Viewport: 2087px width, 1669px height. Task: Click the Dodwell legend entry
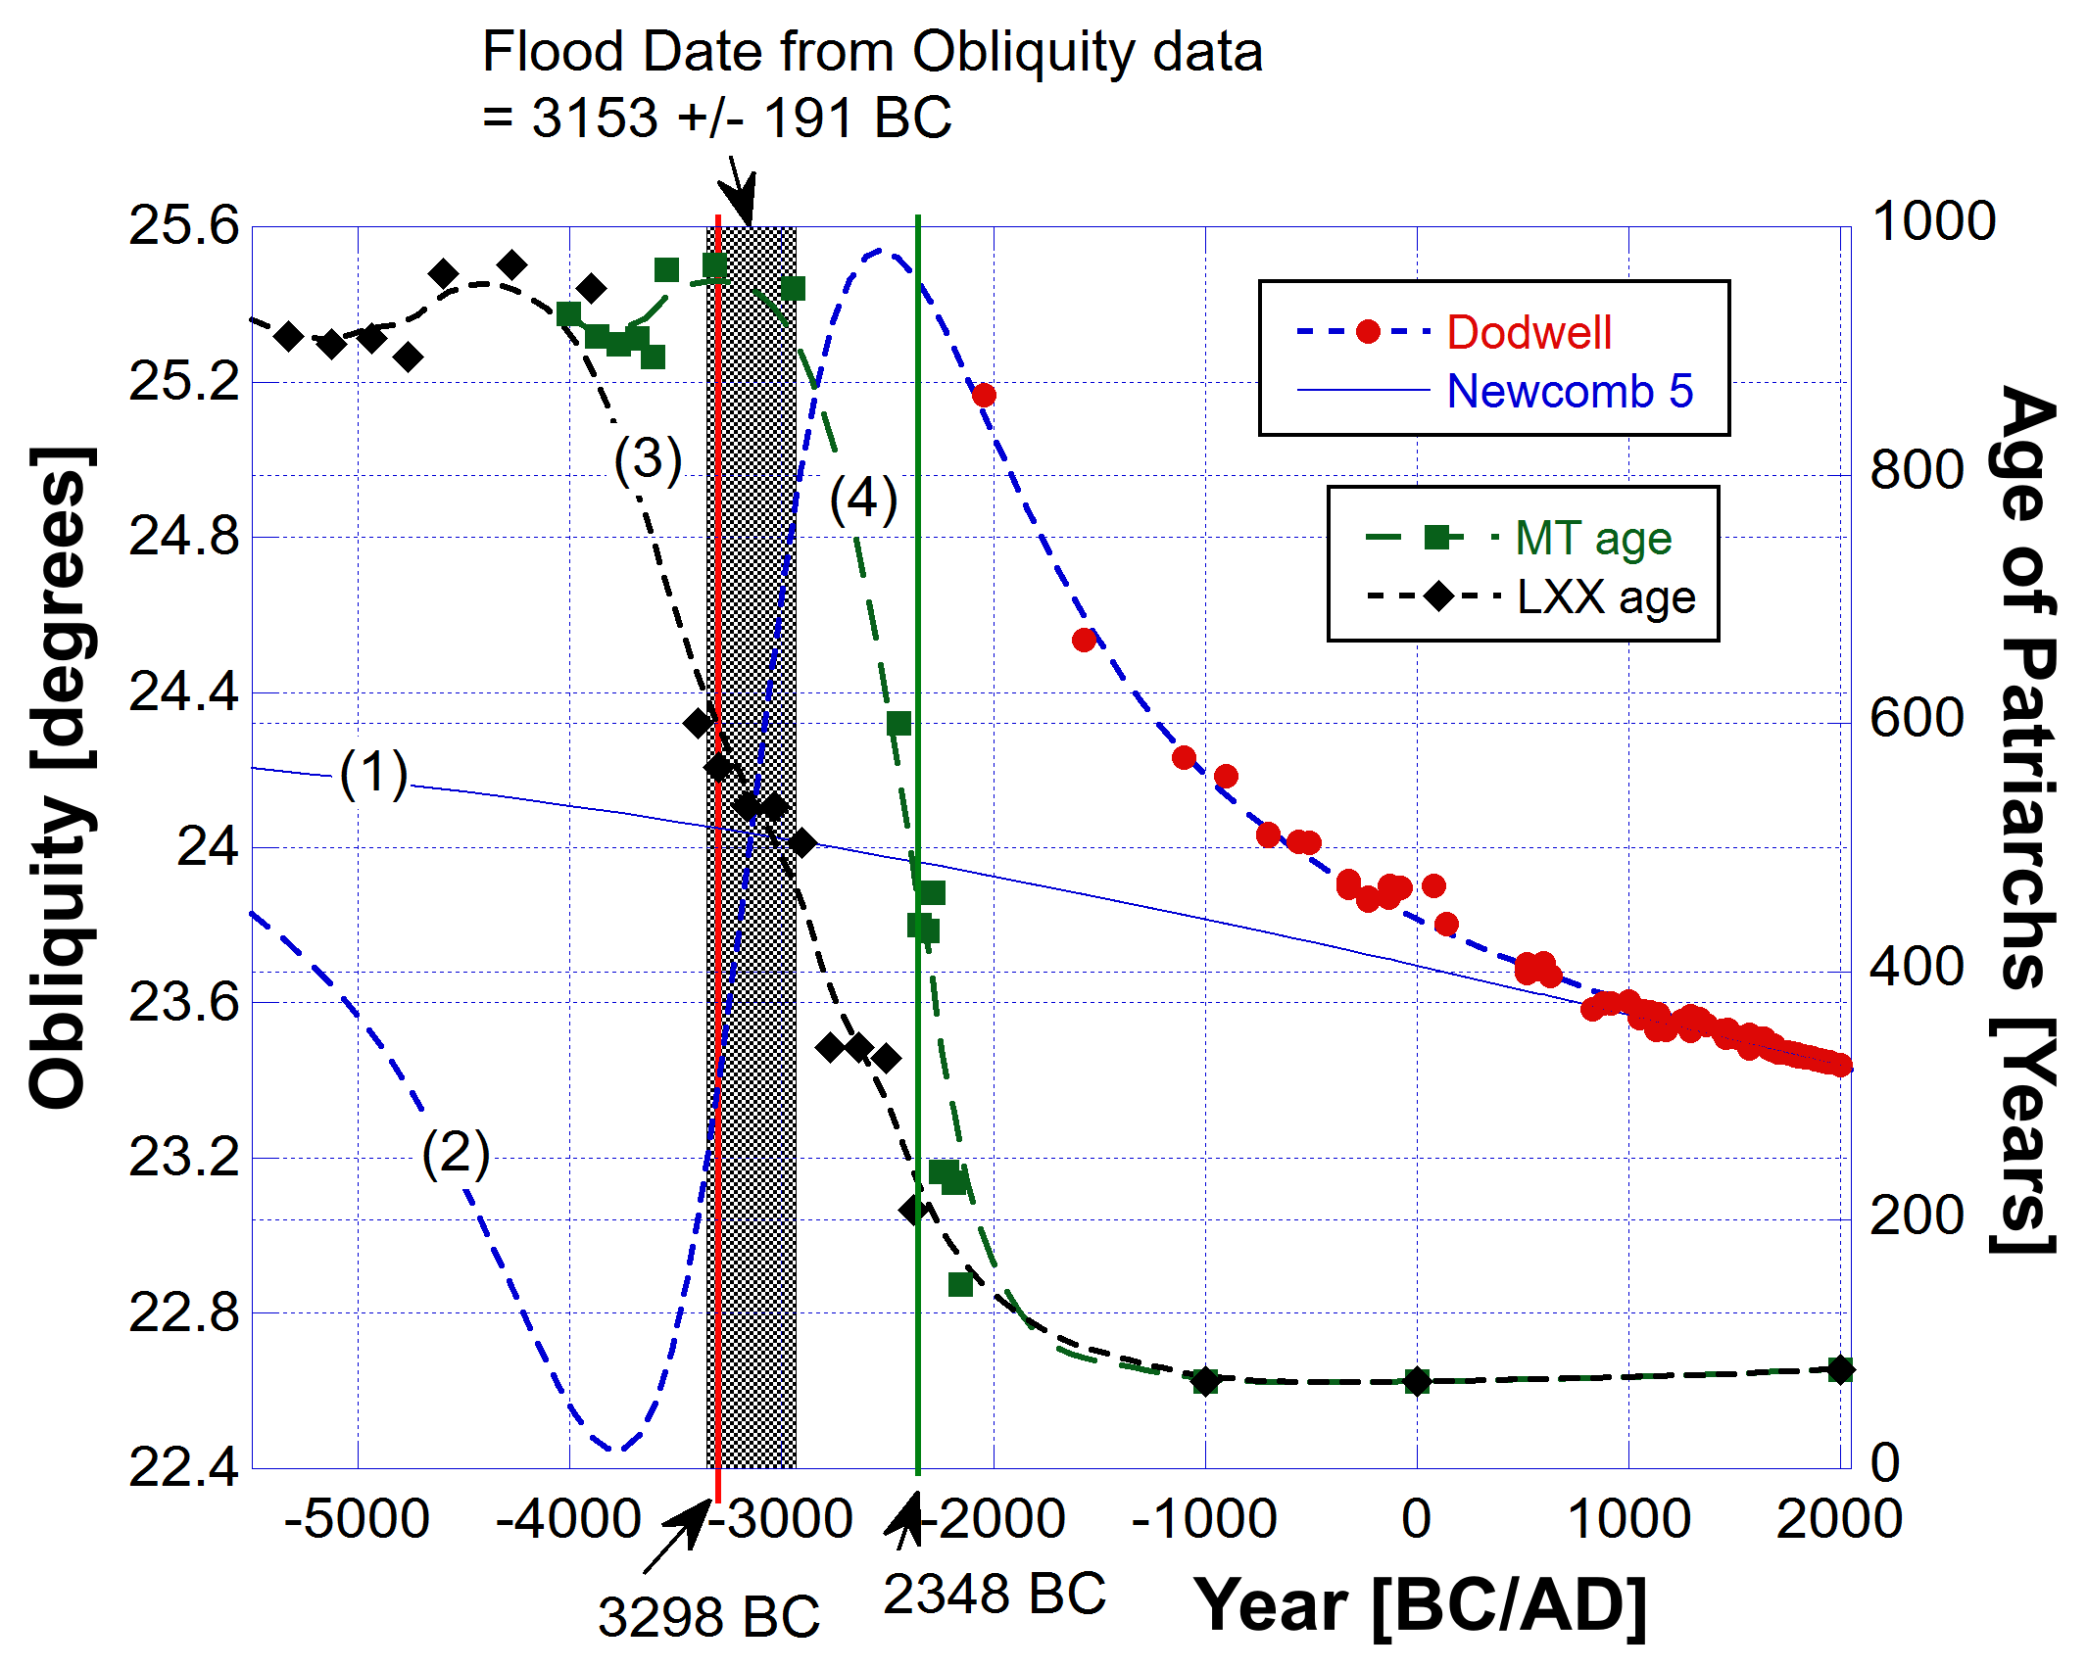pyautogui.click(x=1529, y=333)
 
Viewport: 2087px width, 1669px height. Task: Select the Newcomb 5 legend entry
pyautogui.click(x=1569, y=391)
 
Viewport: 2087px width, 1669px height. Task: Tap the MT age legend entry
pyautogui.click(x=1592, y=538)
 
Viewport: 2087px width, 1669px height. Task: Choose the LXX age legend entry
pyautogui.click(x=1605, y=596)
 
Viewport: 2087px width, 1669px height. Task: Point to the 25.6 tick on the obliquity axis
pyautogui.click(x=184, y=226)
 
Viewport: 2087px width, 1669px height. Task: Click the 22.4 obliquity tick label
pyautogui.click(x=184, y=1467)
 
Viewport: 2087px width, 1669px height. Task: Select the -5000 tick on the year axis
pyautogui.click(x=357, y=1519)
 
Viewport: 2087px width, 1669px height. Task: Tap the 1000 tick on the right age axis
pyautogui.click(x=1932, y=221)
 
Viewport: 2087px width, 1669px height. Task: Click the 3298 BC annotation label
pyautogui.click(x=708, y=1617)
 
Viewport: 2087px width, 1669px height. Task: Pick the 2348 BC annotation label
pyautogui.click(x=994, y=1594)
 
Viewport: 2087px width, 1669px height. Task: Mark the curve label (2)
pyautogui.click(x=456, y=1152)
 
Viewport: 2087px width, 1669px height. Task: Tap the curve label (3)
pyautogui.click(x=648, y=458)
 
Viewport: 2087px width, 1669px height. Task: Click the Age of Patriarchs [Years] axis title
pyautogui.click(x=2024, y=818)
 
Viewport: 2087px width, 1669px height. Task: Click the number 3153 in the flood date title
pyautogui.click(x=595, y=119)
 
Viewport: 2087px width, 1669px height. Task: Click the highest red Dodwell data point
pyautogui.click(x=984, y=396)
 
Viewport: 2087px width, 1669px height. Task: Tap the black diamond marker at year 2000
pyautogui.click(x=1840, y=1369)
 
